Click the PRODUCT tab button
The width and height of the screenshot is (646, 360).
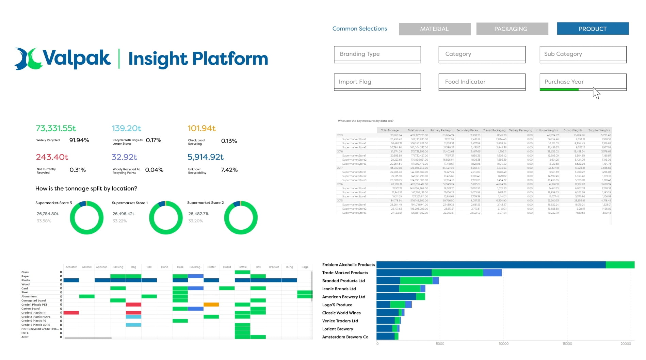(593, 29)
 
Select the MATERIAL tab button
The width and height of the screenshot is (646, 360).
(435, 29)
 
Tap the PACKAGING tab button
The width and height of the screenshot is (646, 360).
(512, 29)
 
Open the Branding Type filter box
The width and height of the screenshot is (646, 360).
(377, 54)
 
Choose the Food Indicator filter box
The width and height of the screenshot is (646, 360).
(482, 82)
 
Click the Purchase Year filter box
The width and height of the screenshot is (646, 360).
(583, 82)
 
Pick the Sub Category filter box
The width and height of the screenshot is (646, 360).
(583, 54)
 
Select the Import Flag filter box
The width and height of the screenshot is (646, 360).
(377, 82)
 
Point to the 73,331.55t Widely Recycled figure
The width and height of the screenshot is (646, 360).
(56, 128)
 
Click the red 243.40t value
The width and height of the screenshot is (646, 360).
(52, 157)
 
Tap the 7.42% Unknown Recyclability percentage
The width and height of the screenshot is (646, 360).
(229, 170)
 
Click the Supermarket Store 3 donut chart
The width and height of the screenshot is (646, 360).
(86, 218)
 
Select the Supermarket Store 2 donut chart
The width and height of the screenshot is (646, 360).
(241, 218)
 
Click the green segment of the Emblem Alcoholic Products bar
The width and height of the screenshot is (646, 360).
(620, 265)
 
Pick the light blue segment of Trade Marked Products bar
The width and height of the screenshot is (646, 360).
(492, 273)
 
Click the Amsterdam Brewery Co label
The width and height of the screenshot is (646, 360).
(345, 337)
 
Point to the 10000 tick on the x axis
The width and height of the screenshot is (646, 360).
(503, 344)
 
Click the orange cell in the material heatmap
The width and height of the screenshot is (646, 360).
(211, 305)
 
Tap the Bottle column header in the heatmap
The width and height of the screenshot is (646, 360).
(242, 267)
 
